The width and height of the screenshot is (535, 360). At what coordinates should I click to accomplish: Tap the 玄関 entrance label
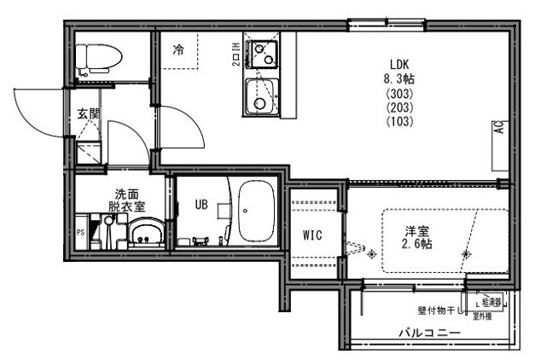coord(88,113)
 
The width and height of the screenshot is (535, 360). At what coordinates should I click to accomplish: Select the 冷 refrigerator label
coord(178,49)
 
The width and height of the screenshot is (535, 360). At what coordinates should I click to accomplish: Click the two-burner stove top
coord(262,54)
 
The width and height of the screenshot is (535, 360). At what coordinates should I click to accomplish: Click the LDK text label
coord(400,64)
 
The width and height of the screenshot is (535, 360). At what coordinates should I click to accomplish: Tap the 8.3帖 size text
coord(400,78)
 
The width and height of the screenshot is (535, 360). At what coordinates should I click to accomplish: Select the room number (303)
coord(400,93)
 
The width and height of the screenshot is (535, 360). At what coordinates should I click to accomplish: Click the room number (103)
coord(400,121)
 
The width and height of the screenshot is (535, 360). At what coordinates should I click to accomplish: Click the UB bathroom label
coord(202,204)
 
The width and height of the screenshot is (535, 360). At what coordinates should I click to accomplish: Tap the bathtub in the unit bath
coord(254,212)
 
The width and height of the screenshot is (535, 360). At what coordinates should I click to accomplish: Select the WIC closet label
coord(311,235)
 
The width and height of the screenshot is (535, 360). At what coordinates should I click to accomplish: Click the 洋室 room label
coord(417,229)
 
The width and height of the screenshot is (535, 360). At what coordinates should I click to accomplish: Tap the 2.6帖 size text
coord(417,244)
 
